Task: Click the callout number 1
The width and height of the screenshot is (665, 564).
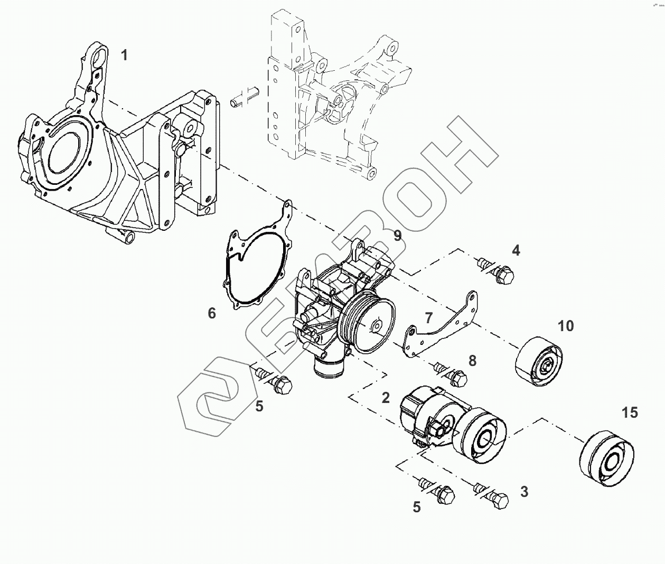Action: (x=124, y=55)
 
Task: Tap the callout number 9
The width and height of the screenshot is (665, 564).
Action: (x=397, y=236)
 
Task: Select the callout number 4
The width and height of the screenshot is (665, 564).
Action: (x=516, y=250)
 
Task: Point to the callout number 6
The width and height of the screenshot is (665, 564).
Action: (x=212, y=314)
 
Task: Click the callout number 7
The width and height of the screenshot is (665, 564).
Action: (x=428, y=318)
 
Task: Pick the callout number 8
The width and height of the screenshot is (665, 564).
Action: (x=472, y=361)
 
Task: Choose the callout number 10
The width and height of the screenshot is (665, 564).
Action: (x=566, y=326)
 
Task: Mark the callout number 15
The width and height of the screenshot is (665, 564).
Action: (x=630, y=412)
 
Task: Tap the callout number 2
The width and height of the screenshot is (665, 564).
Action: (x=386, y=398)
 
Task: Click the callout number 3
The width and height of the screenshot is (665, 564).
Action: (x=524, y=492)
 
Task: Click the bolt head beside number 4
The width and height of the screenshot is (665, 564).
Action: (x=504, y=275)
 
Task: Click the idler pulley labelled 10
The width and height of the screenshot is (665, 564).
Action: (x=539, y=361)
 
